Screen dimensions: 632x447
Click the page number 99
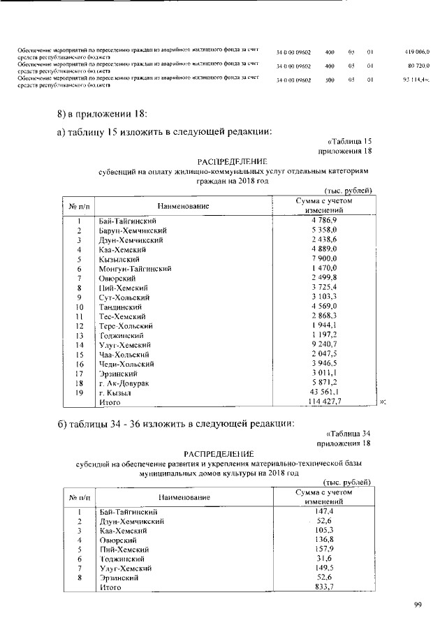417,605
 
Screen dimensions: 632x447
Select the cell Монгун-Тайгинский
135,268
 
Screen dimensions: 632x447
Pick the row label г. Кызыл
115,392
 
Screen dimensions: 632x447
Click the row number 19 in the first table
80,392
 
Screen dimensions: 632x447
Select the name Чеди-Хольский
126,364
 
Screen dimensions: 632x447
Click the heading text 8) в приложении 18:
102,114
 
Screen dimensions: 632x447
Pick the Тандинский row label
121,307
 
